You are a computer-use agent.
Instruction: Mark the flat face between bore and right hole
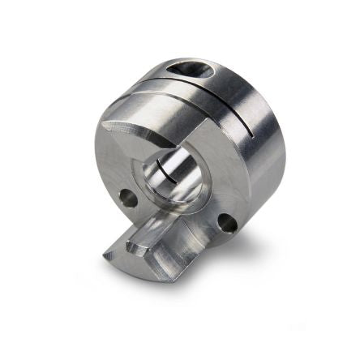tap(203, 203)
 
